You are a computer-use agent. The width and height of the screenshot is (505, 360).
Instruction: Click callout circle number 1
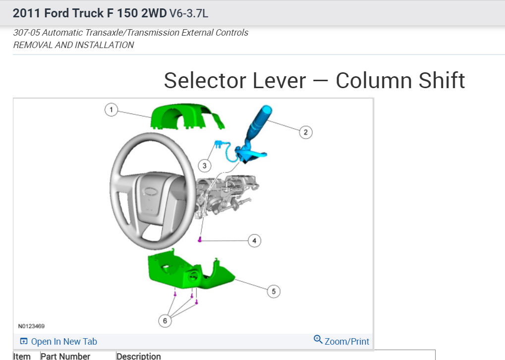(x=112, y=109)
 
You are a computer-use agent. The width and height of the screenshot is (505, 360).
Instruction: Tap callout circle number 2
(x=306, y=132)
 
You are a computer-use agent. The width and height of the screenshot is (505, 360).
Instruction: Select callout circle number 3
(x=204, y=165)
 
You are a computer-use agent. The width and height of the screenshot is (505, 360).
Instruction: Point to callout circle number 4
(x=254, y=241)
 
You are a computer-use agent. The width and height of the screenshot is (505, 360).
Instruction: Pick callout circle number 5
(x=274, y=291)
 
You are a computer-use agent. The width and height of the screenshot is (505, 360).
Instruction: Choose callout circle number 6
(x=165, y=321)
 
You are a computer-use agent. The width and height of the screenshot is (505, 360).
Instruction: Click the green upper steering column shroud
(x=181, y=117)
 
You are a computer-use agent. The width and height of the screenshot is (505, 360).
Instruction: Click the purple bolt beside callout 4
(x=199, y=240)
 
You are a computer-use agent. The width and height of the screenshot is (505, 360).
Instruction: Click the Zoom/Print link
(x=347, y=342)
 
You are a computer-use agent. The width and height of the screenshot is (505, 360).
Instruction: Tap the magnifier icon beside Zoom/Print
(x=318, y=340)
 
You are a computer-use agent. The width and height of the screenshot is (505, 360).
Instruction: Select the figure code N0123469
(x=31, y=326)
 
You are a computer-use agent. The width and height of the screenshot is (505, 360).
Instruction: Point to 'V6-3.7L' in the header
(x=189, y=13)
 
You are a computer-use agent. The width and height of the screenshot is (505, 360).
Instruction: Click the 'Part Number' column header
(x=65, y=356)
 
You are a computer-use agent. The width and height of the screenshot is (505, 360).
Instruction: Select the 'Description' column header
(x=139, y=356)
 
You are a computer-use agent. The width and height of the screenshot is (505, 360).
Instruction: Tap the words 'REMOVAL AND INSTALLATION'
(x=73, y=45)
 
